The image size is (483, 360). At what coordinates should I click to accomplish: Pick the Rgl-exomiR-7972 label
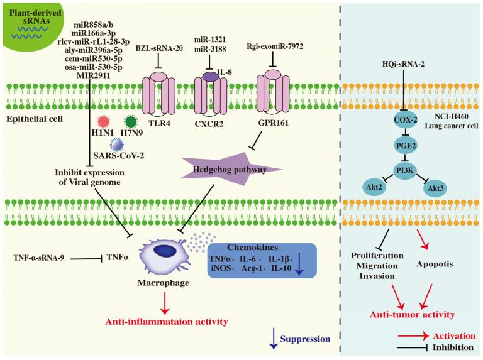coord(272,48)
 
